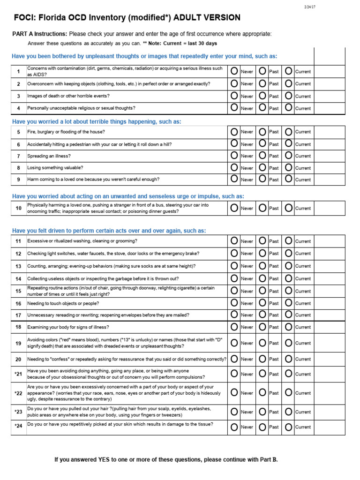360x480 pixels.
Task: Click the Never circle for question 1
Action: click(234, 71)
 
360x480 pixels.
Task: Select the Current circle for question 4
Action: click(289, 107)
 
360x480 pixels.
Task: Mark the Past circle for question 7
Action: click(262, 155)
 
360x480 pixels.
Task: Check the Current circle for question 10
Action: click(289, 208)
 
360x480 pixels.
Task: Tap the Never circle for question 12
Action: click(234, 253)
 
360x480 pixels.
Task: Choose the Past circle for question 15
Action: click(262, 290)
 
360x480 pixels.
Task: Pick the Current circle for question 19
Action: click(289, 343)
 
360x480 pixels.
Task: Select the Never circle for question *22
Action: click(234, 392)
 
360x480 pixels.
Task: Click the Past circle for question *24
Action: click(262, 427)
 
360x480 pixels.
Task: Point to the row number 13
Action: click(18, 266)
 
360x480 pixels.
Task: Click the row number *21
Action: click(18, 374)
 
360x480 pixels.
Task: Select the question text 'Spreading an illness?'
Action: click(49, 156)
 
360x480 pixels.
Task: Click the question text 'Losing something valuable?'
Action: click(55, 168)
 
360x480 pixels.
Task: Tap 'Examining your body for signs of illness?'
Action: click(68, 327)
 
